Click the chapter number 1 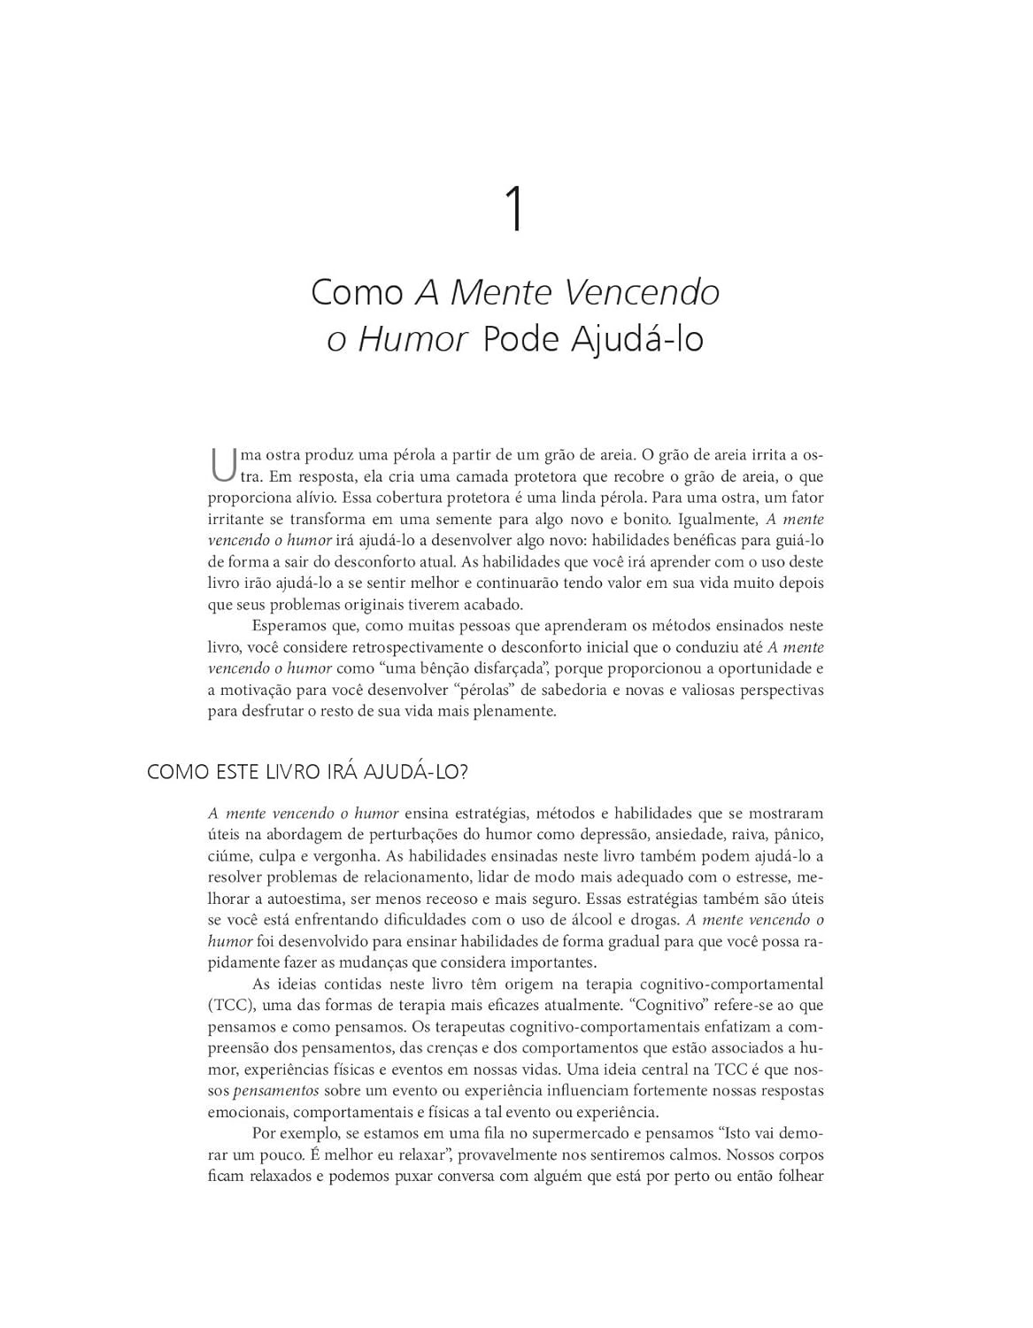click(515, 210)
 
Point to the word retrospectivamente click(421, 647)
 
